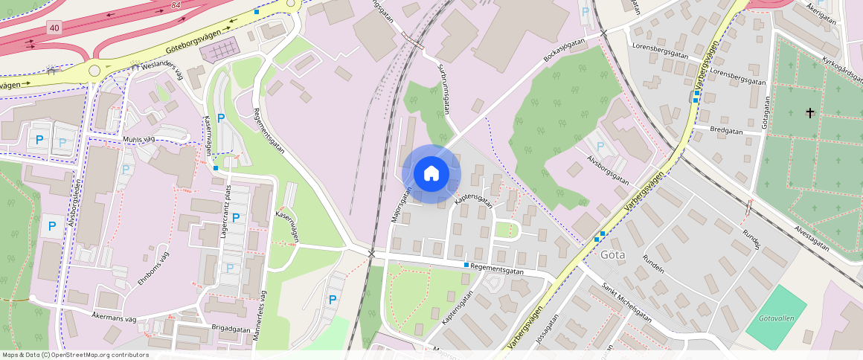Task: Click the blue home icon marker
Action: [431, 174]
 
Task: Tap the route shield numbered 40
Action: [53, 28]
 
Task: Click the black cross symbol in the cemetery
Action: [810, 113]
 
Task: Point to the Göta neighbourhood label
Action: [613, 254]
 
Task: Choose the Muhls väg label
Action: [139, 140]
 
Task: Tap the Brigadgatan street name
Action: [230, 328]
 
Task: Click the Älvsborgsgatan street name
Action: [608, 170]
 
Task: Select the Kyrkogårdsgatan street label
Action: [841, 51]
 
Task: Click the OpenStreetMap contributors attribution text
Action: [75, 355]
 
